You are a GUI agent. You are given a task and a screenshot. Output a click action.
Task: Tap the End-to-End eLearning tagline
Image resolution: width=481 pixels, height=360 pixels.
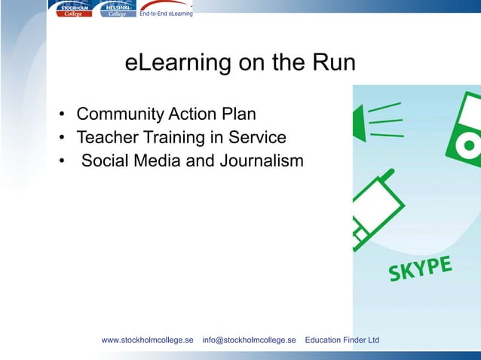coord(166,14)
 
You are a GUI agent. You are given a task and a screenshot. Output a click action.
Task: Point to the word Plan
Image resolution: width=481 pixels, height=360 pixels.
coord(238,114)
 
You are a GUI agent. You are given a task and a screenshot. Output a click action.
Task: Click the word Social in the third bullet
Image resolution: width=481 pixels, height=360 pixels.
coord(105,160)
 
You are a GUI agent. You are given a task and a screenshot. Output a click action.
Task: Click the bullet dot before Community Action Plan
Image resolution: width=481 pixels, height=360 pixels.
coord(63,115)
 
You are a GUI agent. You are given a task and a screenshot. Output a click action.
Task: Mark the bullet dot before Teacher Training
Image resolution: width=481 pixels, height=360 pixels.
coord(63,139)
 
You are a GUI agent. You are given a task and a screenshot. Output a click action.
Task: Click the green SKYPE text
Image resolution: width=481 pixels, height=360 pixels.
coord(421,270)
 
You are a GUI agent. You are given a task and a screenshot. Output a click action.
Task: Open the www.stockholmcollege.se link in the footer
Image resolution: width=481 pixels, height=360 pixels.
coord(147,340)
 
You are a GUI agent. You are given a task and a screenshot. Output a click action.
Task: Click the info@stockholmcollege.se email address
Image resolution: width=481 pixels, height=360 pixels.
coord(249,340)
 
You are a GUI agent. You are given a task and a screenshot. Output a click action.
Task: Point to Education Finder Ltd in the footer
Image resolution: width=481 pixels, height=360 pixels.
coord(342,340)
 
